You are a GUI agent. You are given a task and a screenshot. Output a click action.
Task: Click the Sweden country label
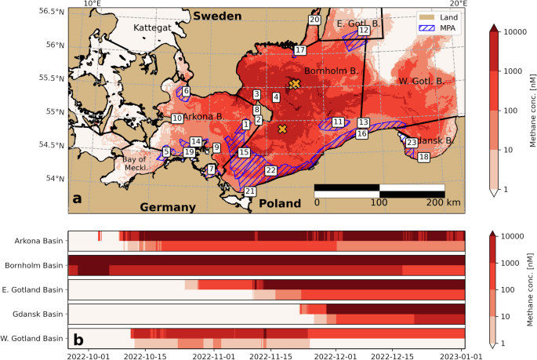click(220, 16)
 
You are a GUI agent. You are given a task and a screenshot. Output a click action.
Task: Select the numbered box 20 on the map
click(314, 20)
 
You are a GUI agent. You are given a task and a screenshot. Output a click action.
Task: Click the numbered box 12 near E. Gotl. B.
click(363, 30)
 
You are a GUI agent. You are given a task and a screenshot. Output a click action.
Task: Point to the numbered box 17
click(299, 50)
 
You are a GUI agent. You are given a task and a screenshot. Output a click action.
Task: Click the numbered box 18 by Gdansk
click(423, 158)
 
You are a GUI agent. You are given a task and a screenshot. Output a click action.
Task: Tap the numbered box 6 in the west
click(186, 92)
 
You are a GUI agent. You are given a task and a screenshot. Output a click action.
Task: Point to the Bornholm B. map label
click(331, 71)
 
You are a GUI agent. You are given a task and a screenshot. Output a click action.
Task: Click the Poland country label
click(278, 203)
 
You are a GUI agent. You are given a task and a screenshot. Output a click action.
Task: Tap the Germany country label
click(167, 207)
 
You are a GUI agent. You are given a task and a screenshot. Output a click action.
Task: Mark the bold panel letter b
click(78, 340)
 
